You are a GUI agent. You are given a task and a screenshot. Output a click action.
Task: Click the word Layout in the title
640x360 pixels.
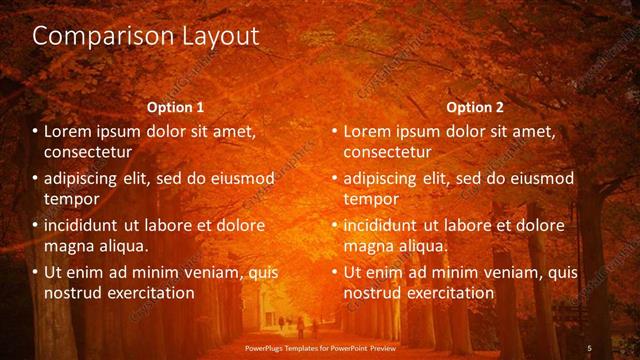[219, 37]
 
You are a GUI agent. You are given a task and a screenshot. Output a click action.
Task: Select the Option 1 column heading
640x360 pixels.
[175, 107]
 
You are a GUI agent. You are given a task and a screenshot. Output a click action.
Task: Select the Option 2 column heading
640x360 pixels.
[475, 107]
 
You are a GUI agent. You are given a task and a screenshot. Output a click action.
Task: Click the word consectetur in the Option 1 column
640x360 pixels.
[88, 152]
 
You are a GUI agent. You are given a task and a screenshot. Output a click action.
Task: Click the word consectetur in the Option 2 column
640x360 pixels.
[388, 152]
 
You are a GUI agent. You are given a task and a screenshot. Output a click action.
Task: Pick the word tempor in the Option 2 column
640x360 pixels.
[371, 199]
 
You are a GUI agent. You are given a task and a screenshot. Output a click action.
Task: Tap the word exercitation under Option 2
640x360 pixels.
[445, 293]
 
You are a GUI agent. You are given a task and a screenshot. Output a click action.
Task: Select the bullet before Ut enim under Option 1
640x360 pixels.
[35, 272]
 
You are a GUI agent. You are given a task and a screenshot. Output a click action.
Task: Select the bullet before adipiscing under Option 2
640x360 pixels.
[335, 179]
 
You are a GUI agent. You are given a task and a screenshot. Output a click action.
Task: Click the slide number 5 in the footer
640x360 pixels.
[590, 348]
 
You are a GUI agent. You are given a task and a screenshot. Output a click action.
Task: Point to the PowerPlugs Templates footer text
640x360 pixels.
[320, 348]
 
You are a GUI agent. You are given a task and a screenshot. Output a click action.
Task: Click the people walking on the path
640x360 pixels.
[298, 325]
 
